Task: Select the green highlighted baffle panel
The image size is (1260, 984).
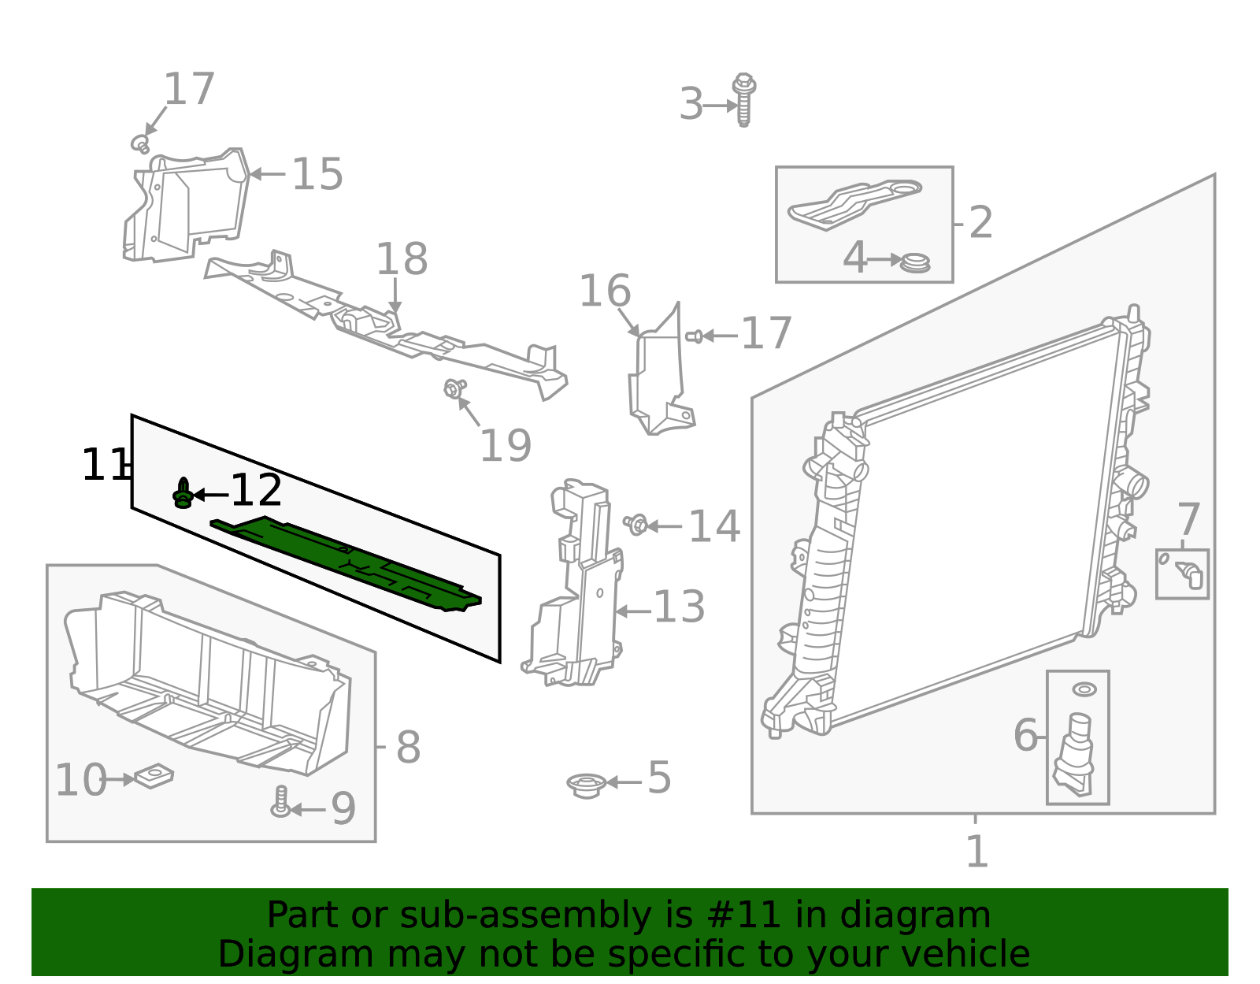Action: click(x=346, y=561)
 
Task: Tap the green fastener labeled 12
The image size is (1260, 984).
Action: click(x=183, y=494)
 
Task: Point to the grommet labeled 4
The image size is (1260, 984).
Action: click(x=915, y=262)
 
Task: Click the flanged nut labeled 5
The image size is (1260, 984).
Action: click(x=586, y=785)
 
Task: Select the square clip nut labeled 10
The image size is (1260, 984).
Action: click(x=154, y=777)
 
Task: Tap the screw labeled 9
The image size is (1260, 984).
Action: click(x=280, y=802)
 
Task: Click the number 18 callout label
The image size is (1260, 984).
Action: click(x=402, y=259)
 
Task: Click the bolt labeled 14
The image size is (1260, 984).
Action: click(x=636, y=524)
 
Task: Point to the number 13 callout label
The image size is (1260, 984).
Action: click(x=679, y=607)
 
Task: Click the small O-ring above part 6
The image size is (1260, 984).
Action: click(x=1084, y=689)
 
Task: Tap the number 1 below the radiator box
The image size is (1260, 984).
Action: click(x=976, y=852)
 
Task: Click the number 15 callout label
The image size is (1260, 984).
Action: click(x=317, y=174)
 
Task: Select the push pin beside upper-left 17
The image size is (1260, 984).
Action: click(x=140, y=144)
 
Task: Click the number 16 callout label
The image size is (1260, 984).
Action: click(x=605, y=291)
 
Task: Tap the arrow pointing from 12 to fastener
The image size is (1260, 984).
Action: click(x=210, y=495)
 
